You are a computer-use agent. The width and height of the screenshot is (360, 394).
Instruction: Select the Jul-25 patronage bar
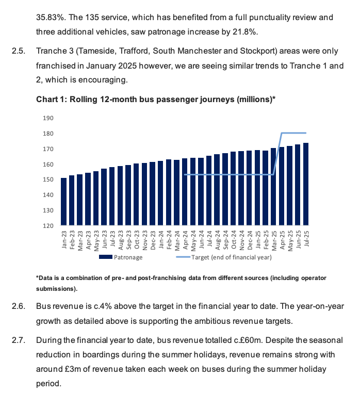(306, 185)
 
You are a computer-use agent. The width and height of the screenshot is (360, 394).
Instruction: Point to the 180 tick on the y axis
(48, 134)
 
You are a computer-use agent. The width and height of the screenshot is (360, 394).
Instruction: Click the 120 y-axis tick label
(48, 226)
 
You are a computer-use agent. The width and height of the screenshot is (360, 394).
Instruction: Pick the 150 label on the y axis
(48, 180)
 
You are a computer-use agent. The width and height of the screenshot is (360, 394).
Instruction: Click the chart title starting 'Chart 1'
(155, 100)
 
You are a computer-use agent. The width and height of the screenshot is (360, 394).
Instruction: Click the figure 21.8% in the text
(246, 32)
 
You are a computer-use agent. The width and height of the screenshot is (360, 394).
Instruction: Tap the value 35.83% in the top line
(50, 18)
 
